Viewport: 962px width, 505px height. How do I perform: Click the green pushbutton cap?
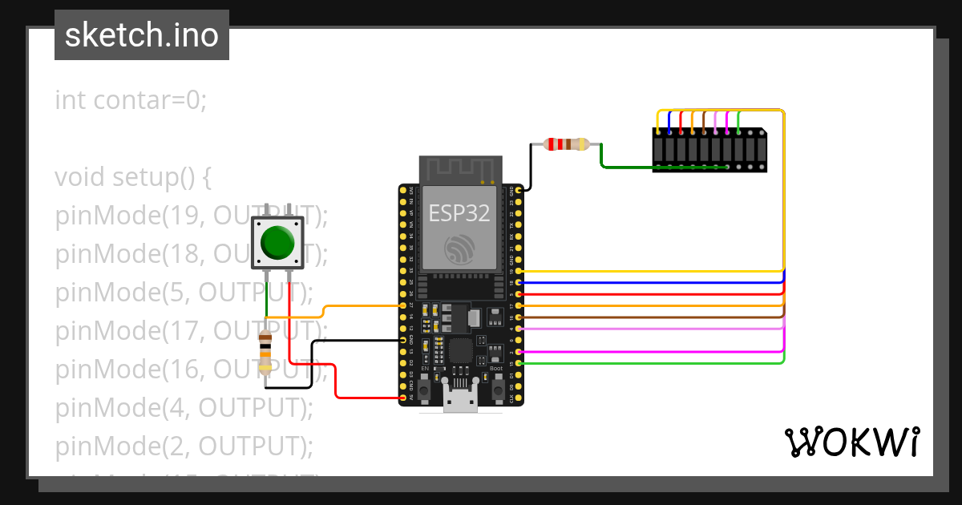[x=277, y=242]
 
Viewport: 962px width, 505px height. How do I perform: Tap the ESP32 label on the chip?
[x=459, y=212]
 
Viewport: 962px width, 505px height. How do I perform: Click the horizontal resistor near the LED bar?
[x=566, y=144]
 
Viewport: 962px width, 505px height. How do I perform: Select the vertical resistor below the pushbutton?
[x=265, y=353]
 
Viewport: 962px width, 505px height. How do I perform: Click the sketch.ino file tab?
[x=142, y=35]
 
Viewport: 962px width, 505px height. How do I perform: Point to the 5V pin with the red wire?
[x=402, y=398]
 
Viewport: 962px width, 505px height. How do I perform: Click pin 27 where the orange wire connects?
[x=402, y=305]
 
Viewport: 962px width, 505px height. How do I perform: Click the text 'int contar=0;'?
[x=131, y=100]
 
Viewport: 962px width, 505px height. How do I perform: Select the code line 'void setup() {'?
[x=132, y=176]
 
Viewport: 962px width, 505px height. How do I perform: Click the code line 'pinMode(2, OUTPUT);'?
[x=184, y=445]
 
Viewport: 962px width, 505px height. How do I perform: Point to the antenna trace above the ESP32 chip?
[x=460, y=170]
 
